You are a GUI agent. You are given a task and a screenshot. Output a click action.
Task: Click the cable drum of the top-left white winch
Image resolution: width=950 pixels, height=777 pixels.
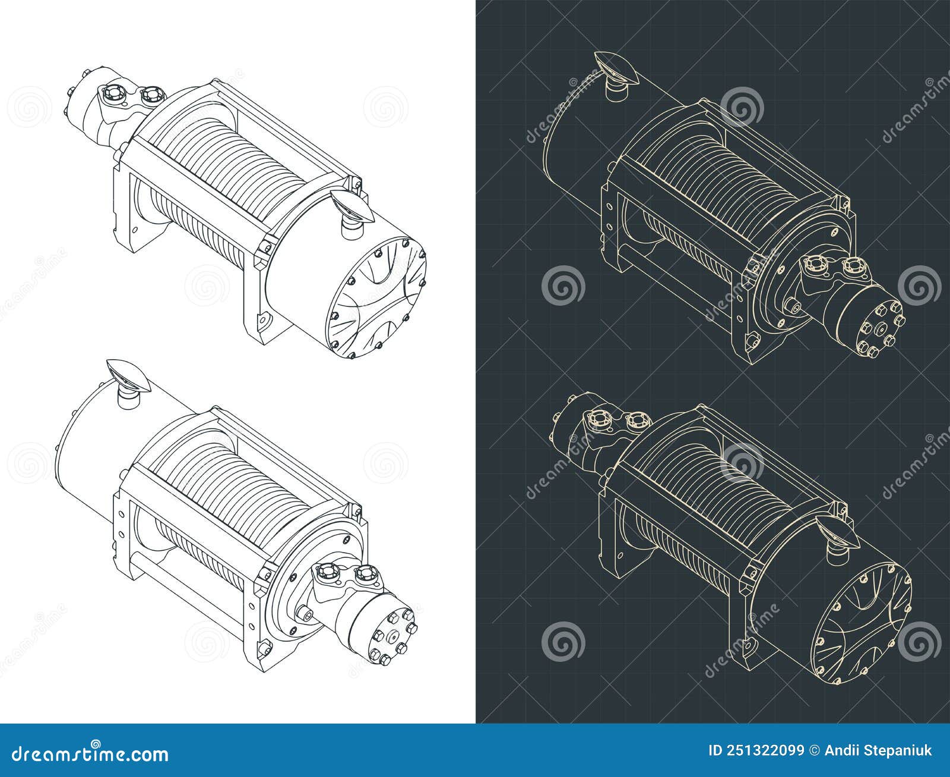[237, 160]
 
